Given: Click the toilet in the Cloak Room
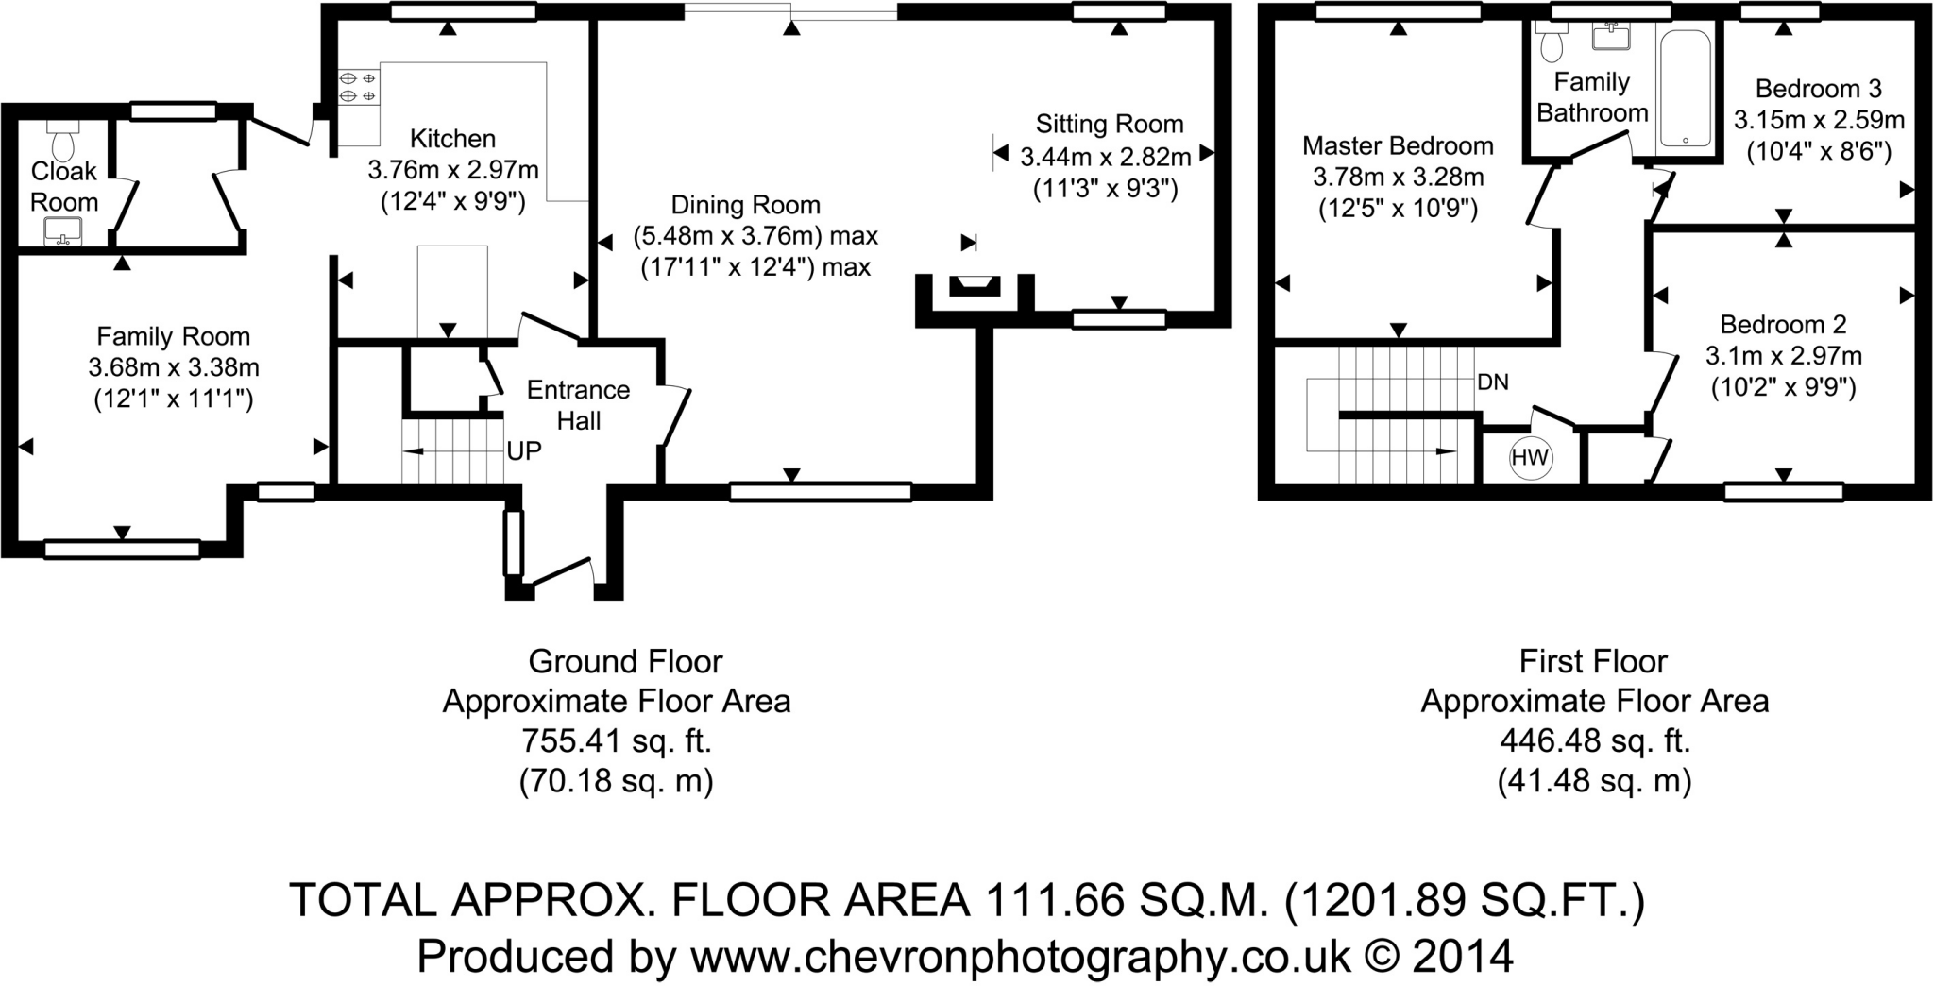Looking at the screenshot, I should click(x=63, y=143).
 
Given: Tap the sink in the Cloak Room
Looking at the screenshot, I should click(x=63, y=230).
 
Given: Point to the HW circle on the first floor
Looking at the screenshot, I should click(x=1530, y=458).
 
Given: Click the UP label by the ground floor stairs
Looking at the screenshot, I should click(x=524, y=451).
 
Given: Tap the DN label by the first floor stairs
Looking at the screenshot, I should click(x=1493, y=382).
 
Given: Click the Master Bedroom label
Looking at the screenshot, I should click(x=1398, y=145).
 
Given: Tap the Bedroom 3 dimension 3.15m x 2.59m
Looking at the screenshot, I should click(x=1819, y=120).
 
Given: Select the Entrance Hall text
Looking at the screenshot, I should click(x=578, y=404).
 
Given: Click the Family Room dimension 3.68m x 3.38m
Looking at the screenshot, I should click(x=174, y=367).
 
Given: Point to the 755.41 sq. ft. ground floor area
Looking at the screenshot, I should click(x=617, y=741).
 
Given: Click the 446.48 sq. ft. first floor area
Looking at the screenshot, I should click(x=1594, y=741).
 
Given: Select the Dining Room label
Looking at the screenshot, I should click(x=745, y=205).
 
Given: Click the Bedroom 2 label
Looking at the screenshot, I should click(x=1783, y=325).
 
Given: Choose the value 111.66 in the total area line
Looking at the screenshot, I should click(x=1056, y=900).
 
